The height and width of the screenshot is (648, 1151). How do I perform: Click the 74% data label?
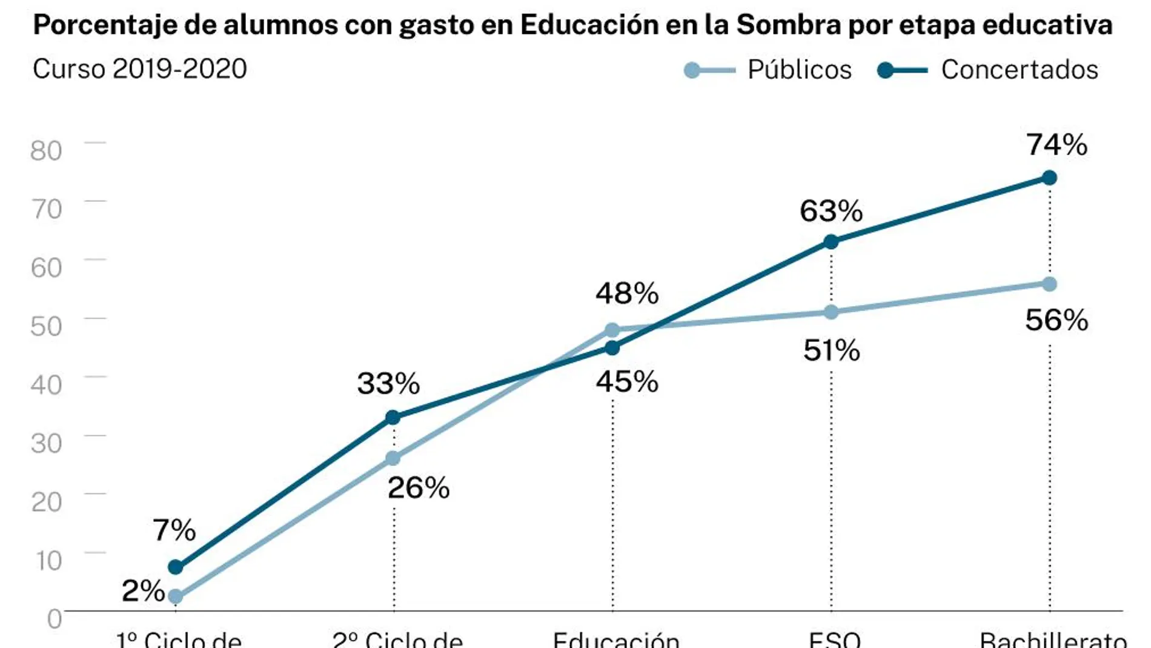[x=1056, y=145]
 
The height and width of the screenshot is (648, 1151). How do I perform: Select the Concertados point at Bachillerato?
[x=1049, y=178]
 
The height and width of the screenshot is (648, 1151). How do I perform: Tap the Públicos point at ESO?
[x=831, y=312]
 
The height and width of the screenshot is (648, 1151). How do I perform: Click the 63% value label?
[x=831, y=212]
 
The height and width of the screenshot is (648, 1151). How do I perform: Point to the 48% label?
[x=626, y=294]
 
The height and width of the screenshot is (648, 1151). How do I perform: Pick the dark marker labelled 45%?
[x=612, y=348]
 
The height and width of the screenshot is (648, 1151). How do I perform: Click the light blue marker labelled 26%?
[x=393, y=458]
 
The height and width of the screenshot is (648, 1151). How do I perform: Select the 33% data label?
[x=388, y=384]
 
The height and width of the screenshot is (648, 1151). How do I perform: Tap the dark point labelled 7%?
[x=175, y=567]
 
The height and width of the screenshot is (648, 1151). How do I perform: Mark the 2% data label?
[x=143, y=591]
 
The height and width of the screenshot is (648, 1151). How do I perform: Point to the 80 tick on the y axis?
[x=46, y=151]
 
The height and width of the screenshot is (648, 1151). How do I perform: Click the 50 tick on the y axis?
[x=46, y=326]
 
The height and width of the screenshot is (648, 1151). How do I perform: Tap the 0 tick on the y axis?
[x=55, y=619]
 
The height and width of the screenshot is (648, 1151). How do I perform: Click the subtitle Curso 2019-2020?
[x=140, y=69]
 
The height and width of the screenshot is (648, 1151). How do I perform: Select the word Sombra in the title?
[x=789, y=25]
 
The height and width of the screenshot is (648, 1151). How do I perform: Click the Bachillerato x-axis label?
[x=1053, y=640]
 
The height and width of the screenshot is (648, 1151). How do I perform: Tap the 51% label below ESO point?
[x=831, y=351]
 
